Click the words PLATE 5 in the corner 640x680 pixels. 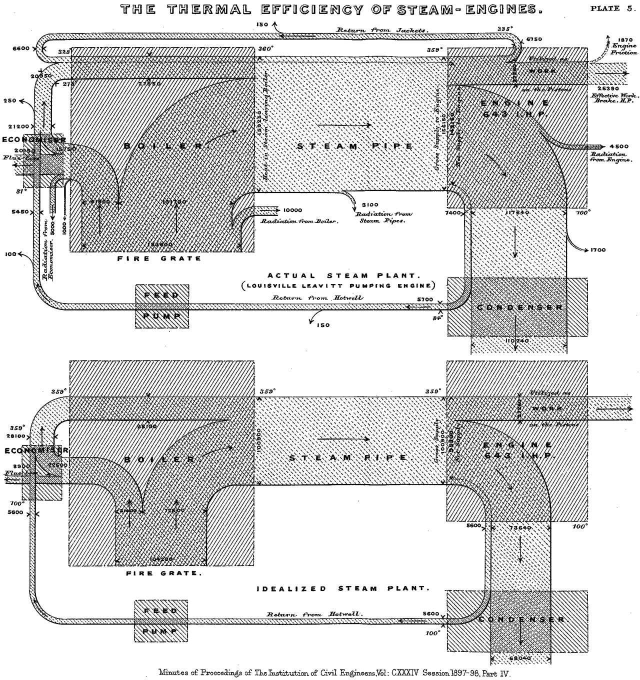[612, 8]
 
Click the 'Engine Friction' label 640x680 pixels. [625, 49]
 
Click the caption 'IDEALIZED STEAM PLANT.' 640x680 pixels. [343, 588]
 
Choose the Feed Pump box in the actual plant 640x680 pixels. [162, 306]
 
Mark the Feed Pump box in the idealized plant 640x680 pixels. [161, 621]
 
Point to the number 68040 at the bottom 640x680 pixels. [520, 658]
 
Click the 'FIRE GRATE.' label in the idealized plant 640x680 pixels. [164, 573]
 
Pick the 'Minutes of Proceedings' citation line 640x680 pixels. [333, 673]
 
